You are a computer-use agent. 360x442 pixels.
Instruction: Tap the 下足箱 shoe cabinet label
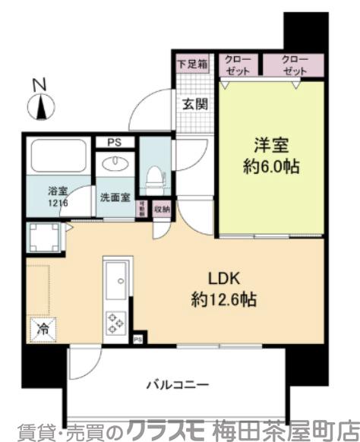pos(193,65)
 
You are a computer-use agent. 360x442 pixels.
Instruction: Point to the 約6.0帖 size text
pos(270,167)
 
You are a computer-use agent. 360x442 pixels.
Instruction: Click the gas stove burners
pos(118,322)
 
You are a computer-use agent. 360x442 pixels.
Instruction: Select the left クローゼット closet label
pos(238,65)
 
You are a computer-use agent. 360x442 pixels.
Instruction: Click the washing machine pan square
pos(43,238)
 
